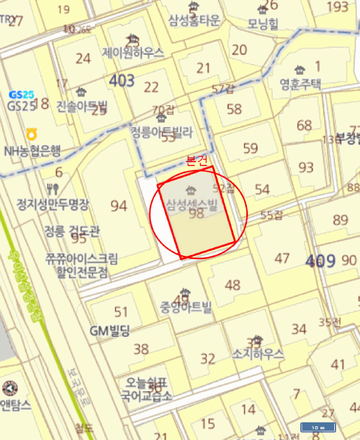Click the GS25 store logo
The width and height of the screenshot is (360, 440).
21,94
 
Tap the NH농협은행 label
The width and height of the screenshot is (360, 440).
32,150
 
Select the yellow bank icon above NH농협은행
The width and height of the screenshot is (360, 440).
31,134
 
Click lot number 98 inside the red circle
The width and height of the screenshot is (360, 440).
197,214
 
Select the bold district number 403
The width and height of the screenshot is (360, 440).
121,80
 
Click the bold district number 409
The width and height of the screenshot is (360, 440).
321,261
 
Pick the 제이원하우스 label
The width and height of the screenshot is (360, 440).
133,53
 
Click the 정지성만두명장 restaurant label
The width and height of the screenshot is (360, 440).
53,204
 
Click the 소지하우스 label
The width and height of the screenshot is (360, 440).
258,354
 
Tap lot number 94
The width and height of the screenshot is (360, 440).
118,206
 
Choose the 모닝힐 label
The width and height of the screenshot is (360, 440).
263,23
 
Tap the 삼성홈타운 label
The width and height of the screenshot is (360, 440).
194,20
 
